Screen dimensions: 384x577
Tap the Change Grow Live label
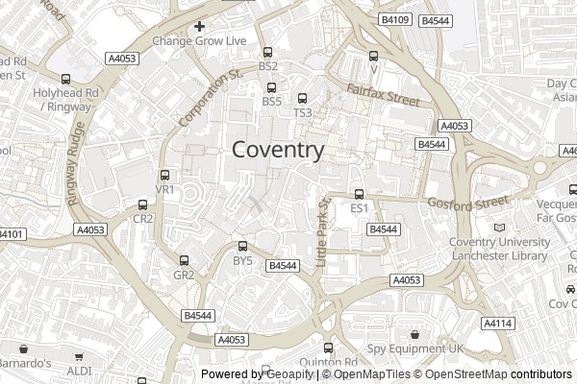(x=199, y=41)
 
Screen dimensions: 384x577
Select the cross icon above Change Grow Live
(x=199, y=26)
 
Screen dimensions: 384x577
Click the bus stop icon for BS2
(x=267, y=52)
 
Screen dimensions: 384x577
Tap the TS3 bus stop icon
(x=302, y=98)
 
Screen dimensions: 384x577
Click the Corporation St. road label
(x=209, y=99)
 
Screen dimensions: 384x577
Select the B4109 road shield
(x=394, y=19)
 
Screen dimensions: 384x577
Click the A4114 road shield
(x=496, y=323)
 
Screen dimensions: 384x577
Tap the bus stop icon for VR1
(x=165, y=176)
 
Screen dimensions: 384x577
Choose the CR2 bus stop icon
(x=143, y=204)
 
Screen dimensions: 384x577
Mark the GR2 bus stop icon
(x=184, y=260)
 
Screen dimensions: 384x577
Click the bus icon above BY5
(x=242, y=247)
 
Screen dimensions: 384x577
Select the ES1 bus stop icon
(x=360, y=194)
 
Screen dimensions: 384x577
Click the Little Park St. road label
(x=324, y=230)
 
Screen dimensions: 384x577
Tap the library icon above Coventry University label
(x=498, y=228)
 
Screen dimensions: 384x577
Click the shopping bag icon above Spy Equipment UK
(x=414, y=335)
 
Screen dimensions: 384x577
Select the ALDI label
(x=79, y=370)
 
